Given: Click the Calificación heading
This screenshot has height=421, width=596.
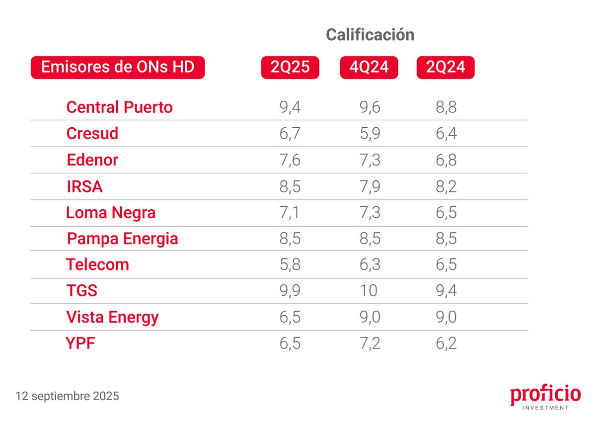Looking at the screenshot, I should pos(370,35).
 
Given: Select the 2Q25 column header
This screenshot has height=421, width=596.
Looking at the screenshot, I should pos(290,68).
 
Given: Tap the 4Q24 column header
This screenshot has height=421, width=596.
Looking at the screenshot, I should pos(369,68).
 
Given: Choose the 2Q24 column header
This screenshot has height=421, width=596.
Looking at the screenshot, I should pos(446,68).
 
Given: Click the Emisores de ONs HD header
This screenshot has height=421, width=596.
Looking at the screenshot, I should pos(118,68).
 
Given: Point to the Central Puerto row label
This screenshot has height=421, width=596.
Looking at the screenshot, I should pos(119,107).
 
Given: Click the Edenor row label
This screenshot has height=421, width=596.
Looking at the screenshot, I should pos(92,161).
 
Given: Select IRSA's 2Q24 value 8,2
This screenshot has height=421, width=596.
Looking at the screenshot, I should pos(446,187).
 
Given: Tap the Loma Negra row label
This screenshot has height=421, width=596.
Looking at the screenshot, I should pos(111,213).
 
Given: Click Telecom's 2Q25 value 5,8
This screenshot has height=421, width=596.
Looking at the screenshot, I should pos(290,264).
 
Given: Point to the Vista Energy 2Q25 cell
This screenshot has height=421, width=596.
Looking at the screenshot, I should pos(290,317).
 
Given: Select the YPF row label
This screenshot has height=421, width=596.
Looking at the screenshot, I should pos(80,343).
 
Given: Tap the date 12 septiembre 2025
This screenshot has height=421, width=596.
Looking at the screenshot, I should pos(67,397).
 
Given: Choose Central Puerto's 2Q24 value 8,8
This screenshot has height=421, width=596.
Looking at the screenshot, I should pos(446,107).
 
